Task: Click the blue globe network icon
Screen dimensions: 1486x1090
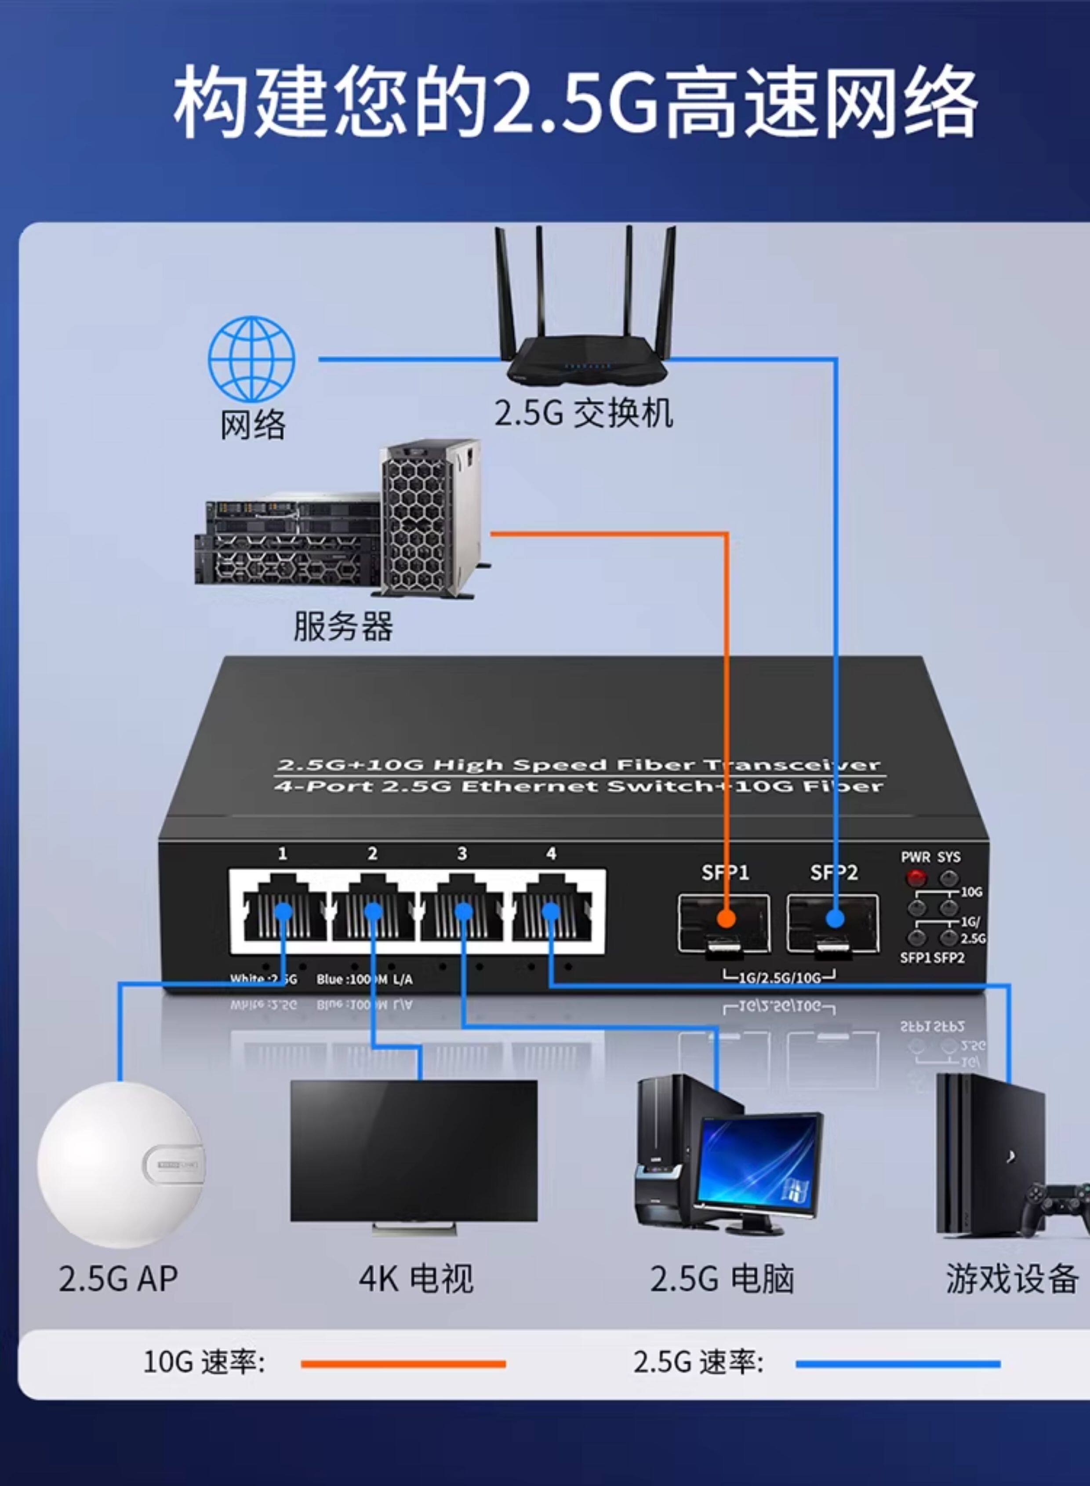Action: coord(251,359)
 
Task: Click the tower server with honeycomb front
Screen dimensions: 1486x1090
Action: coord(429,518)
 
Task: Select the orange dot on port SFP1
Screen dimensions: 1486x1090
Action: coord(726,918)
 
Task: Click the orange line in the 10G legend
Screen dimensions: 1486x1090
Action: coord(403,1364)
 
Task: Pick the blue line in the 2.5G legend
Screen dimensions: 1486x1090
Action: coord(898,1364)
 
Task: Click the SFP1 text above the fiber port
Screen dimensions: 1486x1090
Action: coord(725,872)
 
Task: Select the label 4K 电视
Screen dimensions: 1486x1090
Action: coord(416,1279)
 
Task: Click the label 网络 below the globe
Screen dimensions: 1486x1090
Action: coord(253,424)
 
